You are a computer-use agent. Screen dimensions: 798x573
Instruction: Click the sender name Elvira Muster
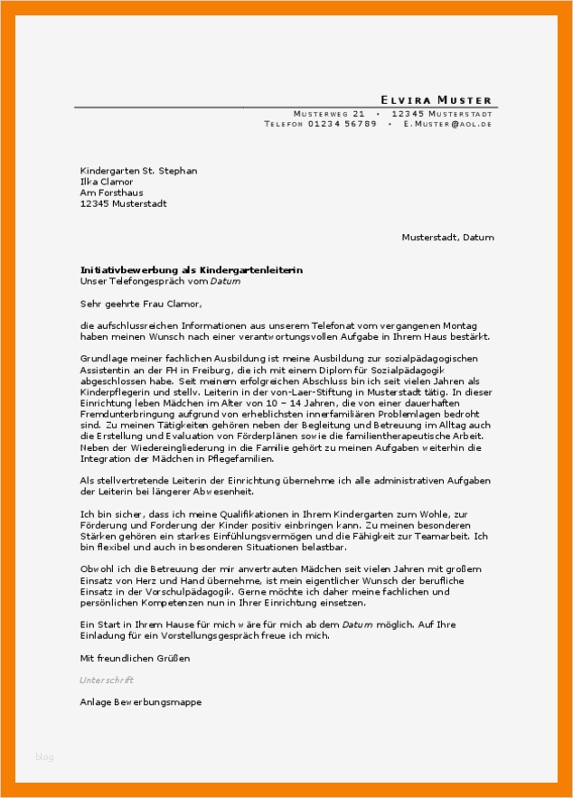coord(436,99)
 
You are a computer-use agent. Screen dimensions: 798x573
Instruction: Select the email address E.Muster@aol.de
coord(448,124)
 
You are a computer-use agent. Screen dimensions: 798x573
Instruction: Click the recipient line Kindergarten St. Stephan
coord(138,170)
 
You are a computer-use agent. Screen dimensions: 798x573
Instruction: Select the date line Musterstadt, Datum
coord(448,238)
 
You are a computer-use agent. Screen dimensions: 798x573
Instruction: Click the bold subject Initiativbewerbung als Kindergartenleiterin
coord(192,270)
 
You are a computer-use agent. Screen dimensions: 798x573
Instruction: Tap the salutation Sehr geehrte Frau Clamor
coord(141,305)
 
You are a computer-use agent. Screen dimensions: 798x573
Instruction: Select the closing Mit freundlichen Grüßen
coord(136,658)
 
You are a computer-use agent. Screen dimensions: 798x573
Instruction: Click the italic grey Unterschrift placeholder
coord(107,680)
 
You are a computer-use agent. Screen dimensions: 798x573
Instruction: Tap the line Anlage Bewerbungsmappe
coord(141,702)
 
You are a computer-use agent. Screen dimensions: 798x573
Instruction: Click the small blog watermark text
coord(44,756)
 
